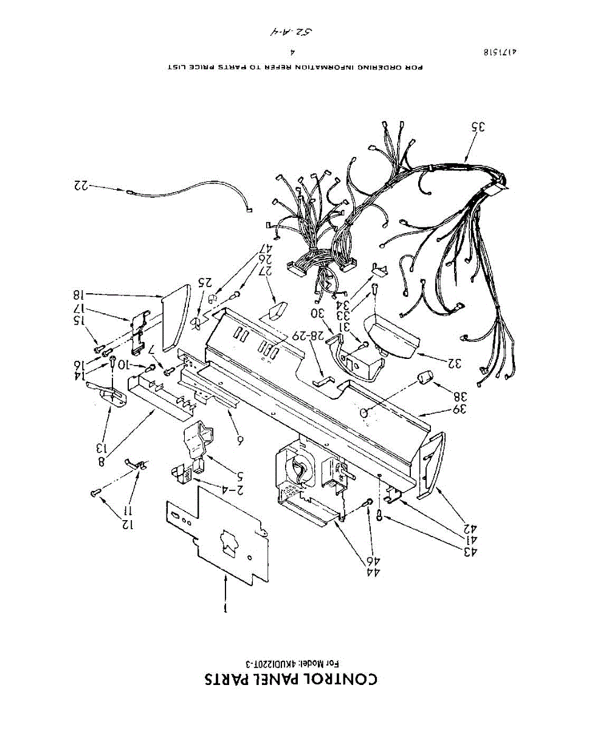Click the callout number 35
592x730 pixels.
pos(479,127)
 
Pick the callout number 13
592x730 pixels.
pos(102,448)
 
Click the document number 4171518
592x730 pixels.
pos(500,53)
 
